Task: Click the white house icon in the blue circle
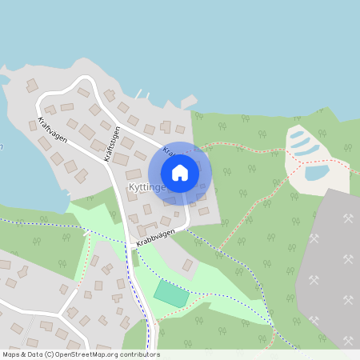pyautogui.click(x=180, y=172)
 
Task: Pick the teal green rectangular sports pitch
pyautogui.click(x=171, y=293)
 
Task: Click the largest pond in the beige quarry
pyautogui.click(x=317, y=172)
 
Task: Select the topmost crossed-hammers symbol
pyautogui.click(x=348, y=218)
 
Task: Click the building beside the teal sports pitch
pyautogui.click(x=187, y=265)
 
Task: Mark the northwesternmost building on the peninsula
pyautogui.click(x=32, y=86)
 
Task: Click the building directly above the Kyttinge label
pyautogui.click(x=134, y=174)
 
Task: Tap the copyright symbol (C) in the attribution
pyautogui.click(x=50, y=354)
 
